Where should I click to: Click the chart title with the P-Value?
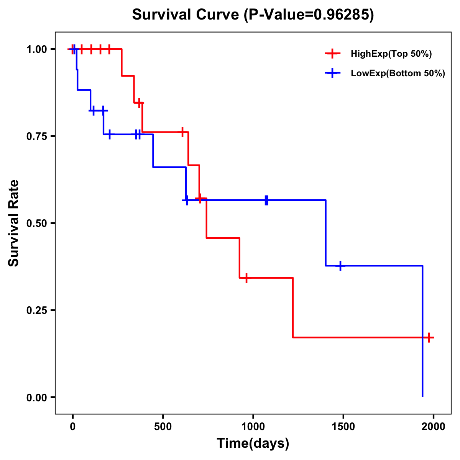click(253, 15)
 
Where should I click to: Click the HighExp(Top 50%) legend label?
click(391, 54)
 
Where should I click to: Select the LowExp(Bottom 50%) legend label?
click(398, 74)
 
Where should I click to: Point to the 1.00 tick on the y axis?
click(36, 49)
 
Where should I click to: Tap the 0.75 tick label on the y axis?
click(36, 136)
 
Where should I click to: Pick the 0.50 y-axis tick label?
click(36, 223)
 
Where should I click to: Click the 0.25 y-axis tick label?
click(36, 310)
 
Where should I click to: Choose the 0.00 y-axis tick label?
click(36, 397)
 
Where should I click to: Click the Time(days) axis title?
click(253, 444)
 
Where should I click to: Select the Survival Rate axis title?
click(14, 223)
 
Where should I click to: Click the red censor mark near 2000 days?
click(429, 338)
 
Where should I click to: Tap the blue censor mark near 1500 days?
click(340, 266)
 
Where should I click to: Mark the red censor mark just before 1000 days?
click(246, 278)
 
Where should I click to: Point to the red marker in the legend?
click(333, 54)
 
